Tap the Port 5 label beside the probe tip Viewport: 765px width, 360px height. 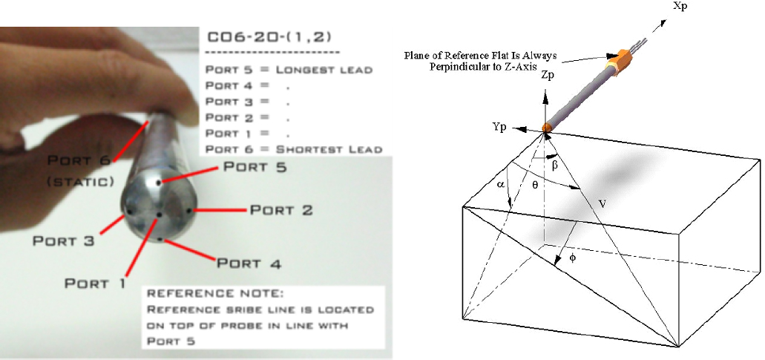coord(255,167)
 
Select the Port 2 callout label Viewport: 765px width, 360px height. coord(281,210)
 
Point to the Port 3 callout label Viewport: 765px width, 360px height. coord(63,240)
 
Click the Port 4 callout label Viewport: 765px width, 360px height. coord(249,264)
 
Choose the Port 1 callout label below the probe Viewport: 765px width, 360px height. coord(95,283)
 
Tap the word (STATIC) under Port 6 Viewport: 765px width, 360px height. coord(81,182)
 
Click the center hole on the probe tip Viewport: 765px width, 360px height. coord(160,215)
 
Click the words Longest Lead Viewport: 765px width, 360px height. coord(324,70)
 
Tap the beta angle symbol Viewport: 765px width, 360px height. coord(554,166)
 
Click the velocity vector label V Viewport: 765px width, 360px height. coord(602,204)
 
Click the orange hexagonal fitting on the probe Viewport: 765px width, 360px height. coord(619,61)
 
